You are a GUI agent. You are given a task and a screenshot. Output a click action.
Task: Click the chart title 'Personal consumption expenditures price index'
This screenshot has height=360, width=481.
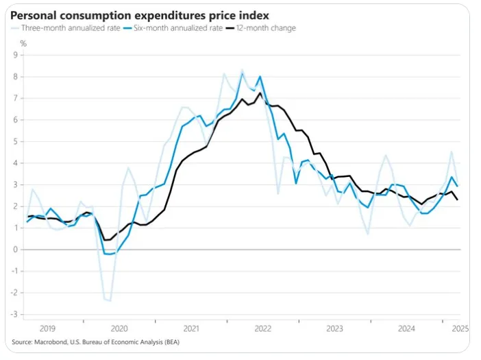[134, 14]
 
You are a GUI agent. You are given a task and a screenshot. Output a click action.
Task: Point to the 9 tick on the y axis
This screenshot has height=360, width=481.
[15, 55]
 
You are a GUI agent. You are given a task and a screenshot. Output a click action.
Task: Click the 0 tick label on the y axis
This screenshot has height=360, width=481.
[15, 250]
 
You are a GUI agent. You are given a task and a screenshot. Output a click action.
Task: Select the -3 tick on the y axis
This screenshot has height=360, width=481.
[14, 315]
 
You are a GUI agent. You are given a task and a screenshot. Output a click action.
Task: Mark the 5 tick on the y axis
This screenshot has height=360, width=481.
[15, 141]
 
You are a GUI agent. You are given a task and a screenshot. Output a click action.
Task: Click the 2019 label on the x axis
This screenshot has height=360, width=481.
[48, 328]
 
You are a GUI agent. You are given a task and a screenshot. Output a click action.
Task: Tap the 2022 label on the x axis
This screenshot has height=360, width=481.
[263, 328]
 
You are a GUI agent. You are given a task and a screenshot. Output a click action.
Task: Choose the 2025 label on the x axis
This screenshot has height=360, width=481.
[459, 328]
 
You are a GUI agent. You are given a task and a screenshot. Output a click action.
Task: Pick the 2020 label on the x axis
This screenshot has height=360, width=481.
[120, 328]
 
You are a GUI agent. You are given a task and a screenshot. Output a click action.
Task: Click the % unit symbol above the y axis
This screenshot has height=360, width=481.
[23, 43]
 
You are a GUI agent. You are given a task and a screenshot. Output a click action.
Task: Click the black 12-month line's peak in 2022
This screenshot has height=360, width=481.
[259, 93]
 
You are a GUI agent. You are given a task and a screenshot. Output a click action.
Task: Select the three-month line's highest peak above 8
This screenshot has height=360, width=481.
[241, 70]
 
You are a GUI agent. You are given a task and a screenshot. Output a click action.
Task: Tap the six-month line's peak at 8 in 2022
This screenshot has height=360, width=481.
[260, 76]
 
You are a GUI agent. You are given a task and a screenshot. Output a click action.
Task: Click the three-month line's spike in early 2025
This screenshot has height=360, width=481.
[451, 152]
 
